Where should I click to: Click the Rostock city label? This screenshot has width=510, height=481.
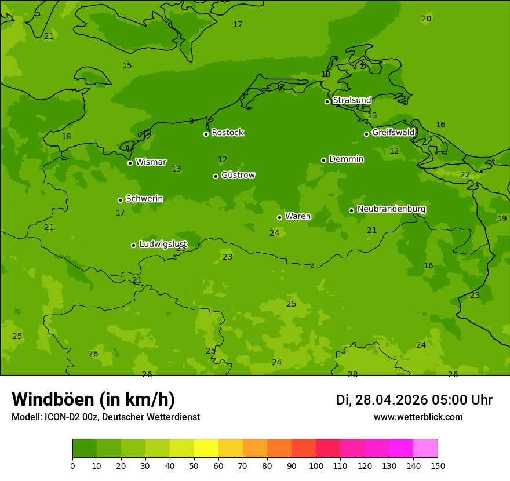coord(227,133)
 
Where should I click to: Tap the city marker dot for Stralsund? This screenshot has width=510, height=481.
coord(327,101)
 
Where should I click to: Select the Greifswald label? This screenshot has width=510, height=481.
coord(393,133)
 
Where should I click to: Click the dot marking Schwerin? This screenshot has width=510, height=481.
coord(120,200)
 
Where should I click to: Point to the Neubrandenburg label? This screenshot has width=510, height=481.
coord(391,209)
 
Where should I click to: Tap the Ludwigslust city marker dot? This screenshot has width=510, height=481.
coord(133,245)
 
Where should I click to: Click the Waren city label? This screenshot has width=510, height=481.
coord(297,217)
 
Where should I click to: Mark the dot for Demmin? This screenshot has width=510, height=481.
coord(323,160)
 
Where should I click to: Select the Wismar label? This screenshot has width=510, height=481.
coord(151,162)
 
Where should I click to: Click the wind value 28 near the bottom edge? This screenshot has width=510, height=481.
coord(352,375)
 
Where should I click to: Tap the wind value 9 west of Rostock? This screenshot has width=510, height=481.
coord(191,122)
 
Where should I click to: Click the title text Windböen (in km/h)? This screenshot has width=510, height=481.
coord(93,399)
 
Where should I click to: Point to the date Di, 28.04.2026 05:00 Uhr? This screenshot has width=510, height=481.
coord(414,400)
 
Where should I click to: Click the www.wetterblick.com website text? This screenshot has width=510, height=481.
coord(418,417)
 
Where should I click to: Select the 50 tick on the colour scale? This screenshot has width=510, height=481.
coord(194,465)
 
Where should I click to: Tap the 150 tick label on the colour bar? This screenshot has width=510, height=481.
coord(438,465)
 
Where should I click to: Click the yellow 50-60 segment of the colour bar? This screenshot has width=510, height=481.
coord(206,449)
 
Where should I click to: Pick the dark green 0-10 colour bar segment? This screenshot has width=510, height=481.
coord(85,449)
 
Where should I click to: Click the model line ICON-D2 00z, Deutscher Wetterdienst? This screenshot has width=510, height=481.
coord(105,417)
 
